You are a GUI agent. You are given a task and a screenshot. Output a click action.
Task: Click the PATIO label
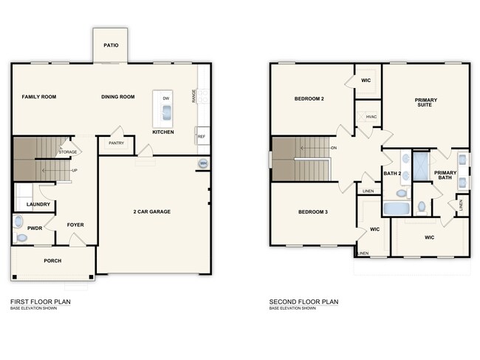111,45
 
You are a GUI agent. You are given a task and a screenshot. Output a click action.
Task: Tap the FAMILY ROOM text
38,97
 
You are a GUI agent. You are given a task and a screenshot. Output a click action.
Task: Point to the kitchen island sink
165,113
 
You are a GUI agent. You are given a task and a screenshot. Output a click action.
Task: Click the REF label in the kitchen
201,137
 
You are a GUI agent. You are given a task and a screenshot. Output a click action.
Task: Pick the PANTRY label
116,143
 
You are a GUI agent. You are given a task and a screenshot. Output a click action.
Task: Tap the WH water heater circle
202,163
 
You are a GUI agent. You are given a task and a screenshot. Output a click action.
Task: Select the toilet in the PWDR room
20,222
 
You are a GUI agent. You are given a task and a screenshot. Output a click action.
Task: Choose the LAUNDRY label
38,204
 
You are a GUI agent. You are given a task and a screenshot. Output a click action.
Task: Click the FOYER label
75,225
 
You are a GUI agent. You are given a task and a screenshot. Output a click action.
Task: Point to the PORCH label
52,261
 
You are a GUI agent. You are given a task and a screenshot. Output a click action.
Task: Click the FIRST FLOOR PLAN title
41,302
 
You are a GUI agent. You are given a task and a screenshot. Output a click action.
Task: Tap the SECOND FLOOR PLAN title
304,302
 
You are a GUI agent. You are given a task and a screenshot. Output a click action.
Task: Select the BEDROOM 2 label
309,98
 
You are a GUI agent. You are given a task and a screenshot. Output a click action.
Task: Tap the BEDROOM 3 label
312,212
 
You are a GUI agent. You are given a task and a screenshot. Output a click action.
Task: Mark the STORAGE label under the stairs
68,152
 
